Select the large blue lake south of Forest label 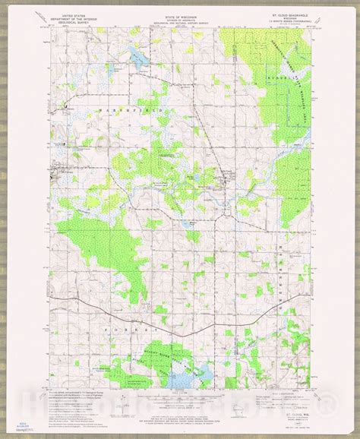coord(188,351)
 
